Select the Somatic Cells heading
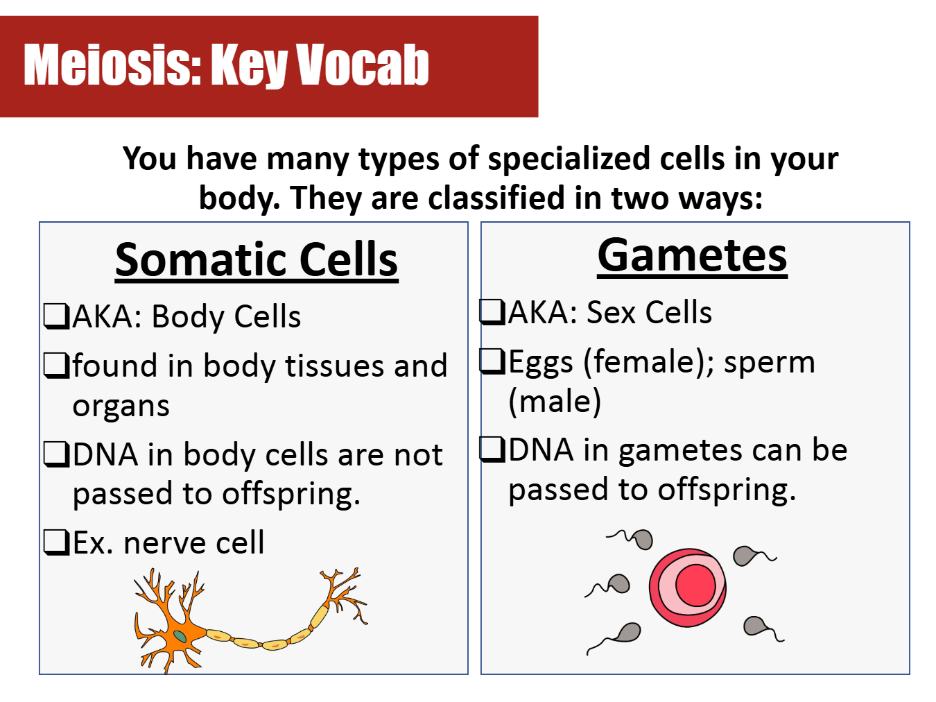point(257,259)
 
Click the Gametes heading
point(692,255)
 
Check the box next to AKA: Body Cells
point(57,316)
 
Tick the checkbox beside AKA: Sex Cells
point(492,311)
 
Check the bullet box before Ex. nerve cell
point(57,542)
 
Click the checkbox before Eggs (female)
point(492,361)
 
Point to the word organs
point(121,406)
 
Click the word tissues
point(334,366)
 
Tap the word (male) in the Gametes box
point(555,401)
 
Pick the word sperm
point(770,363)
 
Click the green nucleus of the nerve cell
point(180,637)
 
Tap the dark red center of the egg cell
point(695,585)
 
